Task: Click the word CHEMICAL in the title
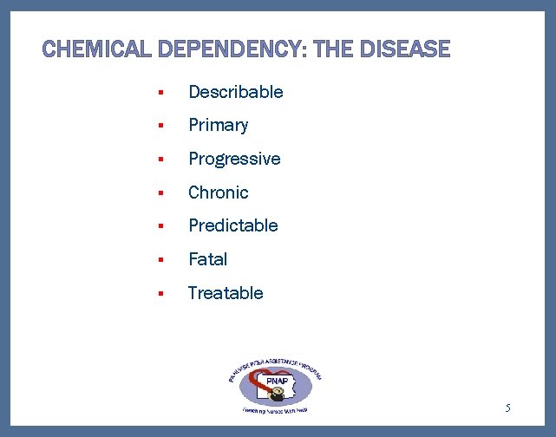98,49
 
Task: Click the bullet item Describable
235,92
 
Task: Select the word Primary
218,125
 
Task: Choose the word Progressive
234,159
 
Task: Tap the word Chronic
218,192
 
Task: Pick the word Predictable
232,225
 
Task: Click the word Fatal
207,259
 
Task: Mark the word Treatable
225,293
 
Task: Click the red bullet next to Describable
160,93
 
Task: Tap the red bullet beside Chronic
160,193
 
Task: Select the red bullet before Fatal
160,260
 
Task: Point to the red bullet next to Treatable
160,294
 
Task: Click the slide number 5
508,408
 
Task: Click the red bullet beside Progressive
160,160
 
